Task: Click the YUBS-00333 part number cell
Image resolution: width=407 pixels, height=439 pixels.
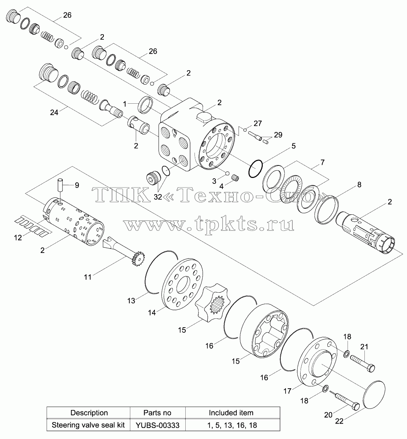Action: pyautogui.click(x=157, y=425)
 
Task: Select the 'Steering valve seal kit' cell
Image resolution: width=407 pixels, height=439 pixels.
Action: pyautogui.click(x=88, y=425)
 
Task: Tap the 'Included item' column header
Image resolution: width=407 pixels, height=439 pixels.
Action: pyautogui.click(x=231, y=413)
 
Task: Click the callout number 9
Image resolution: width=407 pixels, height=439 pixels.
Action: pyautogui.click(x=77, y=185)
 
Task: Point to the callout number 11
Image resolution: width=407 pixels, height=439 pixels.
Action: pyautogui.click(x=88, y=277)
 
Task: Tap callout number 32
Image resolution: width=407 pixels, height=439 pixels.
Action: pyautogui.click(x=158, y=197)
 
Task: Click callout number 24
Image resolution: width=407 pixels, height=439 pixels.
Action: pyautogui.click(x=54, y=112)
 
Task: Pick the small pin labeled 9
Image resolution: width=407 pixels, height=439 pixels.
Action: pyautogui.click(x=61, y=185)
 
